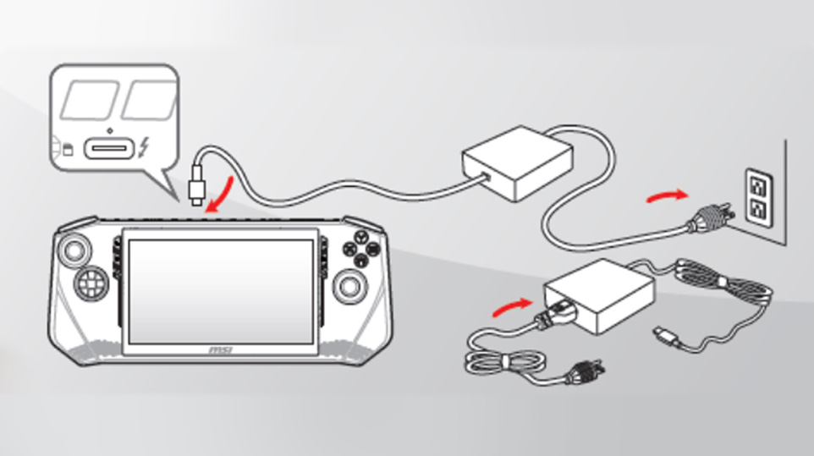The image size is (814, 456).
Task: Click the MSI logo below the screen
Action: [x=221, y=350]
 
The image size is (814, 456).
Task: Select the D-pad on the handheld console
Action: [x=91, y=283]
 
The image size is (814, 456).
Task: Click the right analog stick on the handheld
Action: [x=350, y=285]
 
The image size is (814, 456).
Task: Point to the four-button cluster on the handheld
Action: [x=361, y=248]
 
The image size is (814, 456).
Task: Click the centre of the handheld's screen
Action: [x=221, y=292]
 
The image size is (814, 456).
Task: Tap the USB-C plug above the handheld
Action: [x=197, y=185]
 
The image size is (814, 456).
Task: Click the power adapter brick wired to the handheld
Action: [x=518, y=163]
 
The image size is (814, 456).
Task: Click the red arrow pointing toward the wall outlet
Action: [x=668, y=196]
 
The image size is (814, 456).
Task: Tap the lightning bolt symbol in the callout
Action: [x=144, y=148]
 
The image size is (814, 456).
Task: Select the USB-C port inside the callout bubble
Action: [x=110, y=148]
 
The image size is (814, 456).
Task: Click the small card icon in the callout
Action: [x=68, y=150]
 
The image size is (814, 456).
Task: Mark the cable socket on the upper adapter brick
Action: [x=486, y=176]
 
